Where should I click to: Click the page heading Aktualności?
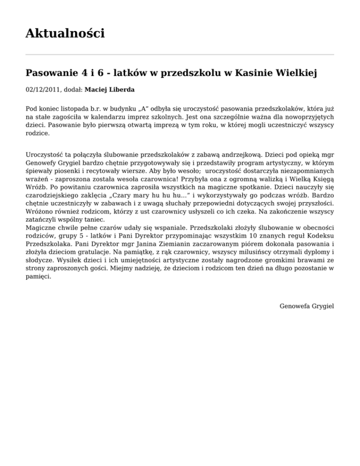pyautogui.click(x=65, y=33)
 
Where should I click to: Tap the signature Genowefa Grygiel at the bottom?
pyautogui.click(x=306, y=306)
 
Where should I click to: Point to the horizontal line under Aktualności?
pyautogui.click(x=180, y=54)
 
